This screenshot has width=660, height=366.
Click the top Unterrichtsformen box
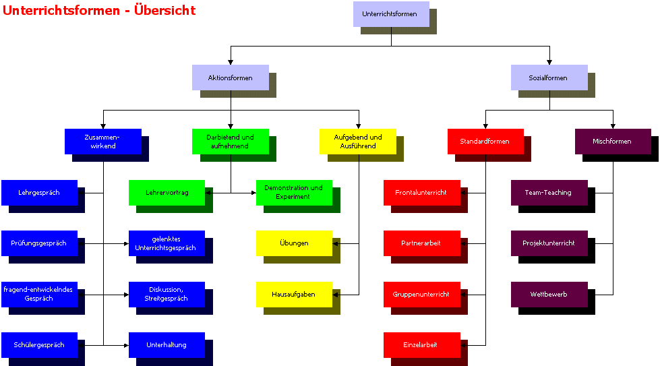pyautogui.click(x=390, y=14)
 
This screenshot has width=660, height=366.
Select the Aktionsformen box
pyautogui.click(x=230, y=78)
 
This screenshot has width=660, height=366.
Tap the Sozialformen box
pyautogui.click(x=549, y=78)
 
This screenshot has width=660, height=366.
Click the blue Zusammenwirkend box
pyautogui.click(x=102, y=142)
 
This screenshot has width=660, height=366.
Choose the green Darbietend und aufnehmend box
pyautogui.click(x=230, y=142)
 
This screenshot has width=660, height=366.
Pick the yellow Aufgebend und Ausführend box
pyautogui.click(x=357, y=142)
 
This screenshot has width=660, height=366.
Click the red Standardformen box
pyautogui.click(x=485, y=142)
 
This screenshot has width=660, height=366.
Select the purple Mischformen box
pyautogui.click(x=612, y=142)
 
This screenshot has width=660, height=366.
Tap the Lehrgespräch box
pyautogui.click(x=39, y=193)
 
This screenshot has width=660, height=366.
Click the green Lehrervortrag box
pyautogui.click(x=167, y=193)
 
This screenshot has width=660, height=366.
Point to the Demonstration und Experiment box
pyautogui.click(x=294, y=193)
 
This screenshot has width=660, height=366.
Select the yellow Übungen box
pyautogui.click(x=294, y=243)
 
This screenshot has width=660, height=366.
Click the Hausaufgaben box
pyautogui.click(x=294, y=295)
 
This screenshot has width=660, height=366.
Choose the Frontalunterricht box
pyautogui.click(x=421, y=193)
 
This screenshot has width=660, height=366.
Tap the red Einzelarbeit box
pyautogui.click(x=421, y=345)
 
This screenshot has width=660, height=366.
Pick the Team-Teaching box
pyautogui.click(x=549, y=193)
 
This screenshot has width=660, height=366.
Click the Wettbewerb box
pyautogui.click(x=549, y=295)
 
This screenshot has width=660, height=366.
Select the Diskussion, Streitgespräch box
pyautogui.click(x=167, y=295)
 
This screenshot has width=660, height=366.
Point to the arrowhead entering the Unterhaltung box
pyautogui.click(x=126, y=345)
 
